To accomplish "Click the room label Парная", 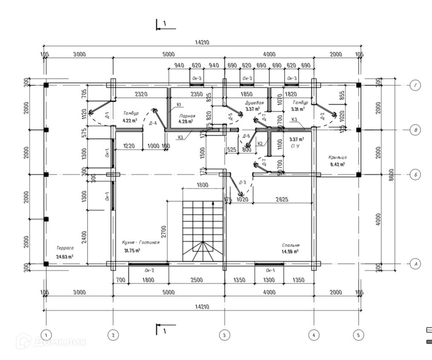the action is (x=187, y=116).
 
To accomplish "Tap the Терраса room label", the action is (x=65, y=248).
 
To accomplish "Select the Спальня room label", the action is (x=291, y=245).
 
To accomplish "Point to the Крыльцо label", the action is (x=337, y=157).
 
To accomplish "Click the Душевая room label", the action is (x=254, y=103).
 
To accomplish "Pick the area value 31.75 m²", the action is (x=132, y=250).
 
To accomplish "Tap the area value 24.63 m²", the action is (x=65, y=256).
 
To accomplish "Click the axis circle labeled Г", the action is (x=416, y=85).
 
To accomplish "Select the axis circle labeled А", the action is (x=416, y=264).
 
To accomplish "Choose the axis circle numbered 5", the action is (x=358, y=335).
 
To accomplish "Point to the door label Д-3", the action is (x=242, y=182).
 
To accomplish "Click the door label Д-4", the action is (x=153, y=123).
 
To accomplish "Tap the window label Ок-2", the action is (x=149, y=270).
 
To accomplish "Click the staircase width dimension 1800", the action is (x=202, y=185).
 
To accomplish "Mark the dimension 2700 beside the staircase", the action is (x=164, y=231).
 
